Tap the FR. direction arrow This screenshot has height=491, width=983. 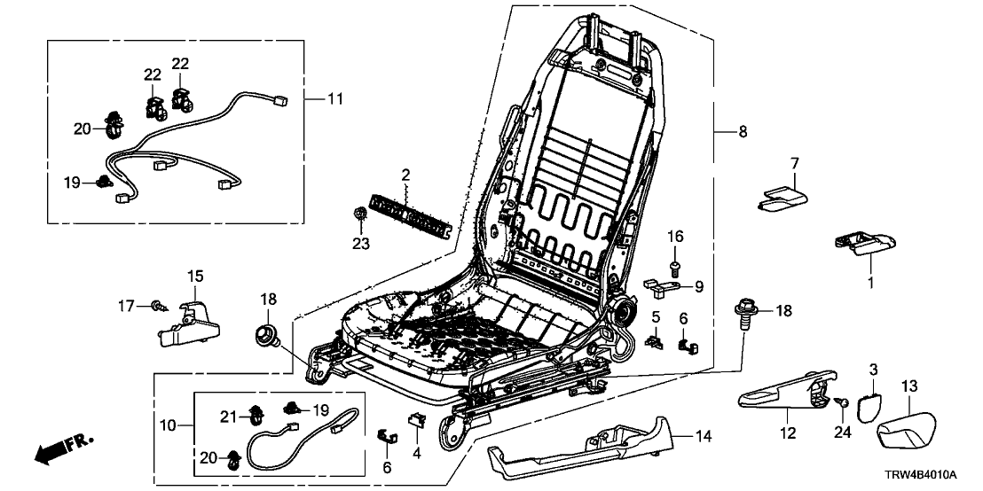tap(62, 449)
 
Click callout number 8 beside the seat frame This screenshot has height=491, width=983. tap(742, 132)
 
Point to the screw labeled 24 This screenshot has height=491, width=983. tap(843, 403)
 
